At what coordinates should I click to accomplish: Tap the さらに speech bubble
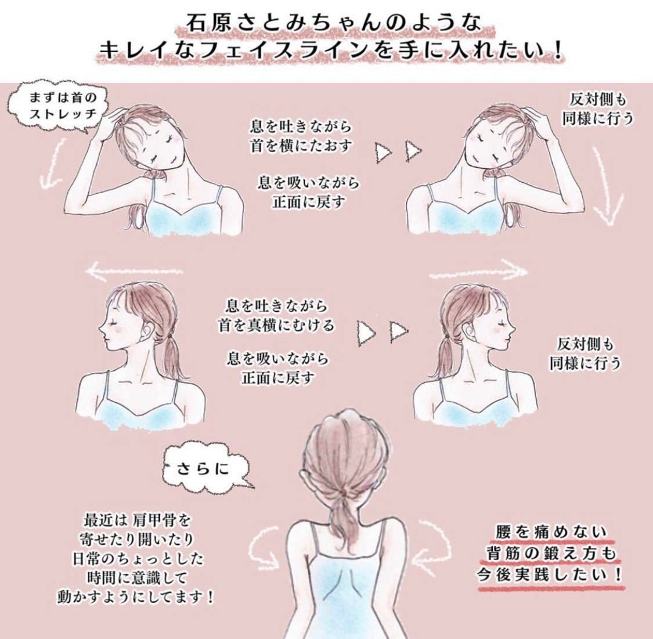(206, 468)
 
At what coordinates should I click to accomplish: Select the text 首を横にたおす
(301, 146)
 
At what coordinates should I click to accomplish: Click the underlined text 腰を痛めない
(551, 532)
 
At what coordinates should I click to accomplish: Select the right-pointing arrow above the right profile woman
(478, 271)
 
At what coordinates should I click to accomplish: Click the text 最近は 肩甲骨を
(138, 520)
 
